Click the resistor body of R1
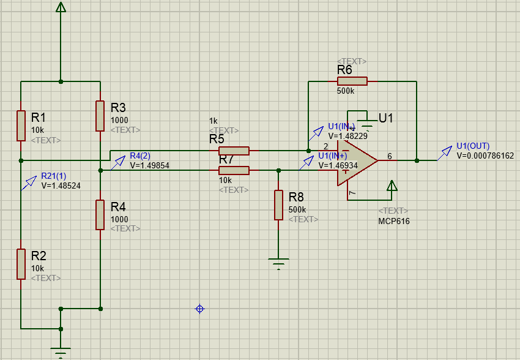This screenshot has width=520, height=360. (21, 126)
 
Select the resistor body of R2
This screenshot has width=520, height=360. (21, 264)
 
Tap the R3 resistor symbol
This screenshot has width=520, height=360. (100, 116)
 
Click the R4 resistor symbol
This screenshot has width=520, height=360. (100, 214)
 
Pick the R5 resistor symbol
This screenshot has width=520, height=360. (234, 151)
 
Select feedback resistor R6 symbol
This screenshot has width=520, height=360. (352, 81)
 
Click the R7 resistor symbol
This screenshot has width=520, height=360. (234, 170)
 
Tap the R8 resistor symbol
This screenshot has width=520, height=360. (278, 205)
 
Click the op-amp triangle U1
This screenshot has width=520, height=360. (356, 161)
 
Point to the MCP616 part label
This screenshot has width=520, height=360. (394, 221)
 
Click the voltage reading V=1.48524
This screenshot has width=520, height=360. (61, 185)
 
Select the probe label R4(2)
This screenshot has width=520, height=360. (140, 156)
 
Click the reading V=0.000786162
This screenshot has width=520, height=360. (485, 156)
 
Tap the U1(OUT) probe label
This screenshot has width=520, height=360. (473, 146)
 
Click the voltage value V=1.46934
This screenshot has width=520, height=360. (338, 166)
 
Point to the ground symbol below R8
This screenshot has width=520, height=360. (278, 264)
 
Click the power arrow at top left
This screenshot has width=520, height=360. (61, 7)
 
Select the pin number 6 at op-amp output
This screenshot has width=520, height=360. (389, 156)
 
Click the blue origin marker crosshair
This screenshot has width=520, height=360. (199, 309)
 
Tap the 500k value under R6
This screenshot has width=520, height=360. (346, 91)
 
